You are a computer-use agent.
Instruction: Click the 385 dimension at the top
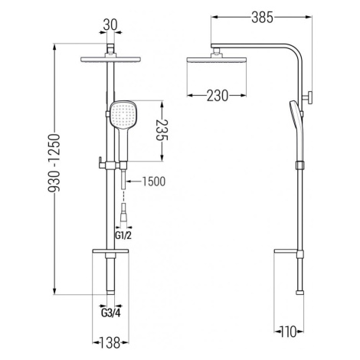[x=262, y=18]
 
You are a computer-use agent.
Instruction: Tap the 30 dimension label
[x=110, y=25]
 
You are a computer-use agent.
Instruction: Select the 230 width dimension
[x=217, y=96]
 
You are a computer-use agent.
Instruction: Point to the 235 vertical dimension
[x=162, y=130]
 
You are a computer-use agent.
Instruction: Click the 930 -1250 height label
[x=54, y=162]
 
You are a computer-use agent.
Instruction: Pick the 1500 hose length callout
[x=154, y=182]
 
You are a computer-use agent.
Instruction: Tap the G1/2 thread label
[x=123, y=235]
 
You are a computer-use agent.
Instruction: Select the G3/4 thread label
[x=111, y=313]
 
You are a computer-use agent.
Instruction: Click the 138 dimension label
[x=110, y=342]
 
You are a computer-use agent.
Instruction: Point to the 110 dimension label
[x=288, y=332]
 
